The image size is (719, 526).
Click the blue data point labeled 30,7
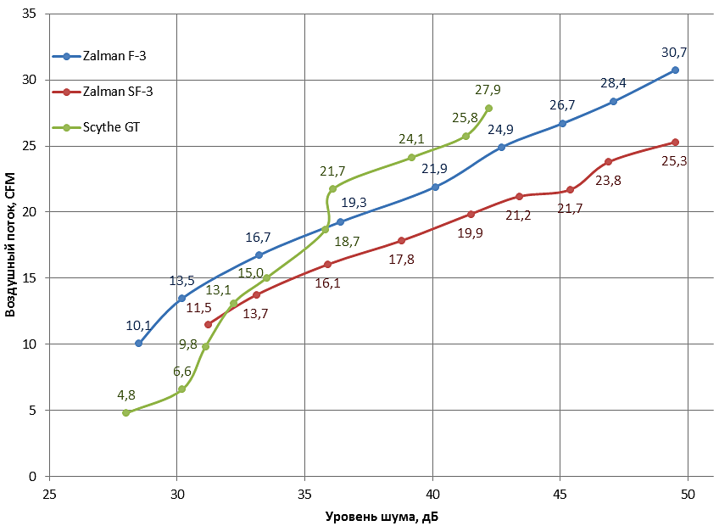(675, 70)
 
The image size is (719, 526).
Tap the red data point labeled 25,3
(675, 142)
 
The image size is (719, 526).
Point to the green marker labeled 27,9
(488, 108)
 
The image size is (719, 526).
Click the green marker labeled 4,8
(125, 412)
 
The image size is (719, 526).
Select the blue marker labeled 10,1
(138, 343)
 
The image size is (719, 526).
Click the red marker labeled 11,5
(208, 324)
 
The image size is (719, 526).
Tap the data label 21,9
(434, 169)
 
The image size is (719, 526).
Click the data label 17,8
(401, 260)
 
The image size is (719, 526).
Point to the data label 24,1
(411, 138)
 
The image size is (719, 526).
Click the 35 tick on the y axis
(31, 14)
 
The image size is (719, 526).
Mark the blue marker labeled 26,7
(562, 123)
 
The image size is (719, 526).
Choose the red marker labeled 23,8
(608, 161)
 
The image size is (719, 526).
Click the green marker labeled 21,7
(332, 188)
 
